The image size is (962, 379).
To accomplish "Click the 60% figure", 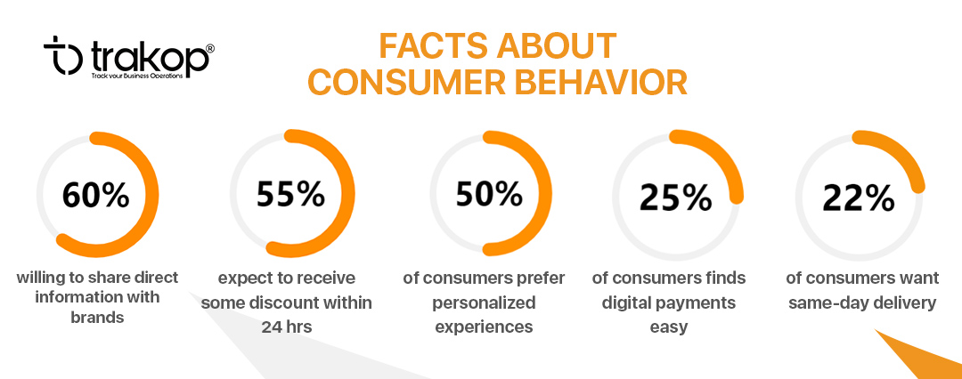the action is (x=95, y=196).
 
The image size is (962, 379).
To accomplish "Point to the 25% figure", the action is (x=676, y=197).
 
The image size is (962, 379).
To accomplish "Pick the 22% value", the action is (x=859, y=197).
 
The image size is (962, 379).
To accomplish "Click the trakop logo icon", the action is (x=62, y=55).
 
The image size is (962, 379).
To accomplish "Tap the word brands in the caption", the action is (x=98, y=317).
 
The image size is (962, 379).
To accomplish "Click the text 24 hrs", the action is (x=287, y=327).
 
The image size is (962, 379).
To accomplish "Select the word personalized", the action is (x=485, y=303).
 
